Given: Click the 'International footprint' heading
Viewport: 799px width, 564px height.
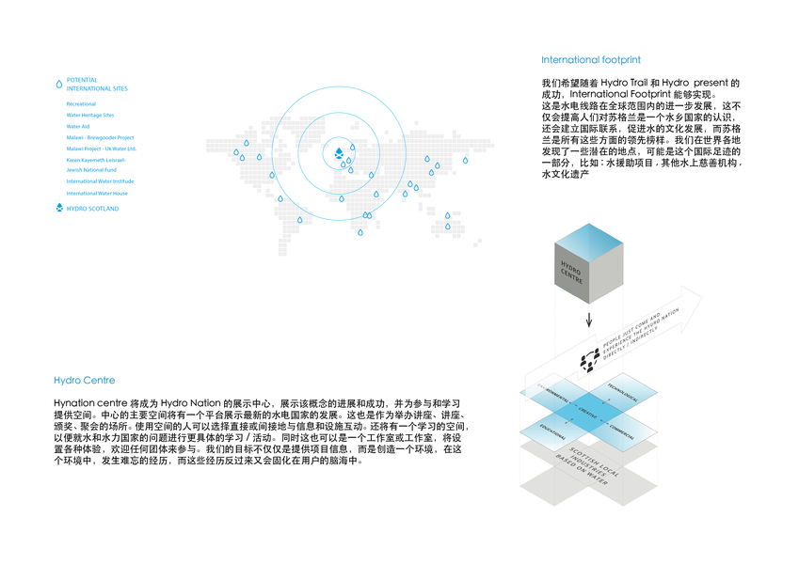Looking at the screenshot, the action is pos(591,60).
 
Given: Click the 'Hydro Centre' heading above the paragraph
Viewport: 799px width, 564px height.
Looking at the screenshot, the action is pos(85,381).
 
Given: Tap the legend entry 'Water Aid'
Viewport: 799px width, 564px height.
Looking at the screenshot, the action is pos(78,126).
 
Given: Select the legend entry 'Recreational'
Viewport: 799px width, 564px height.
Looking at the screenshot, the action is pos(81,103).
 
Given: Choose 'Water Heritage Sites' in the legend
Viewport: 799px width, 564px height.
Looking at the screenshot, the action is pos(90,115).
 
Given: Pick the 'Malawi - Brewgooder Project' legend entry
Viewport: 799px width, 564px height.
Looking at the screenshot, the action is pos(100,137).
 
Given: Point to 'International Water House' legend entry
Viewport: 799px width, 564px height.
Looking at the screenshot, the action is pos(97,193).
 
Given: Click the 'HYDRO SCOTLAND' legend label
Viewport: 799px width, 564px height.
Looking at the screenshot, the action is pos(92,209).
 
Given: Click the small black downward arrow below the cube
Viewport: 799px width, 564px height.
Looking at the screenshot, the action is pos(588,321).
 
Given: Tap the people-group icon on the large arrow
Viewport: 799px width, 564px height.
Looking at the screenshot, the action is pos(590,358).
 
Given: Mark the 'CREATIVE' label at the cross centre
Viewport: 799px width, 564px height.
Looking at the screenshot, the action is pos(588,415).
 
